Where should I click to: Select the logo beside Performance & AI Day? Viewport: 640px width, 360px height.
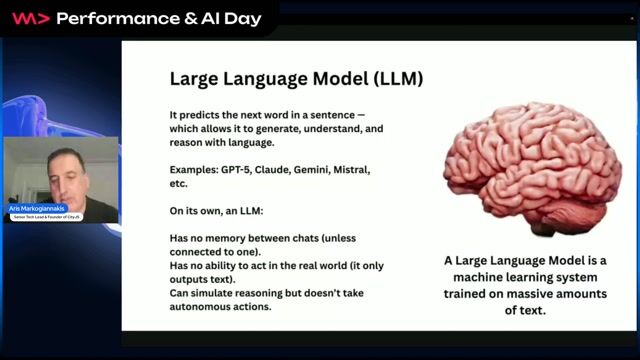[29, 17]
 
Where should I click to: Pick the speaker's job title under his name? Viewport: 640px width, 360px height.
[44, 215]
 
